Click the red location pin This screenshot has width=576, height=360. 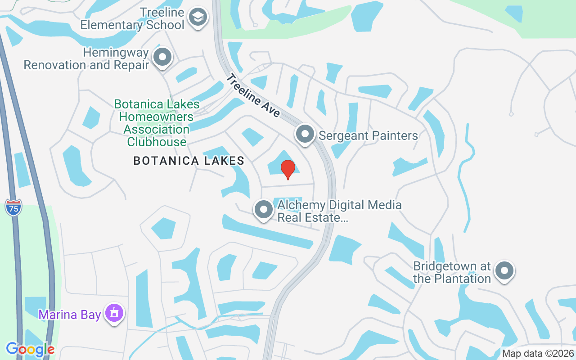click(288, 169)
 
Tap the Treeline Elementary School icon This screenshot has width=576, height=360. click(197, 18)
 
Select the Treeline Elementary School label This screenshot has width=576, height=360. click(132, 18)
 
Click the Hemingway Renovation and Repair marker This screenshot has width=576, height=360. click(162, 58)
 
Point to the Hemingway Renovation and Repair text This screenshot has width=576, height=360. click(86, 59)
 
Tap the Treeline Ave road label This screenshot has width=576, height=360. click(253, 96)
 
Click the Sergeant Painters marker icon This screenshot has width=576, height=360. click(305, 134)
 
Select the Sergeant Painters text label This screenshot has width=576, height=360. click(368, 135)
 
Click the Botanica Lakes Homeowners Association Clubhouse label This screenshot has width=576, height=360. click(156, 123)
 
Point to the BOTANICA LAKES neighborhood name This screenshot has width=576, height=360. click(189, 161)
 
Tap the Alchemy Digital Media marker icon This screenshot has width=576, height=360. click(263, 210)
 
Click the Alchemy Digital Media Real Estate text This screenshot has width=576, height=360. click(339, 211)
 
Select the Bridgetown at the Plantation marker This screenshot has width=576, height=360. click(504, 271)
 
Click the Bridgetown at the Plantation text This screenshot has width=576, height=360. click(452, 272)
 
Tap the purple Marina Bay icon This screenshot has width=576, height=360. click(113, 313)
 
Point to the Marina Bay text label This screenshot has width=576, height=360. click(69, 315)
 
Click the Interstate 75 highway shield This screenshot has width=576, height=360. click(13, 207)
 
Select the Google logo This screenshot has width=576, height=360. click(30, 349)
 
